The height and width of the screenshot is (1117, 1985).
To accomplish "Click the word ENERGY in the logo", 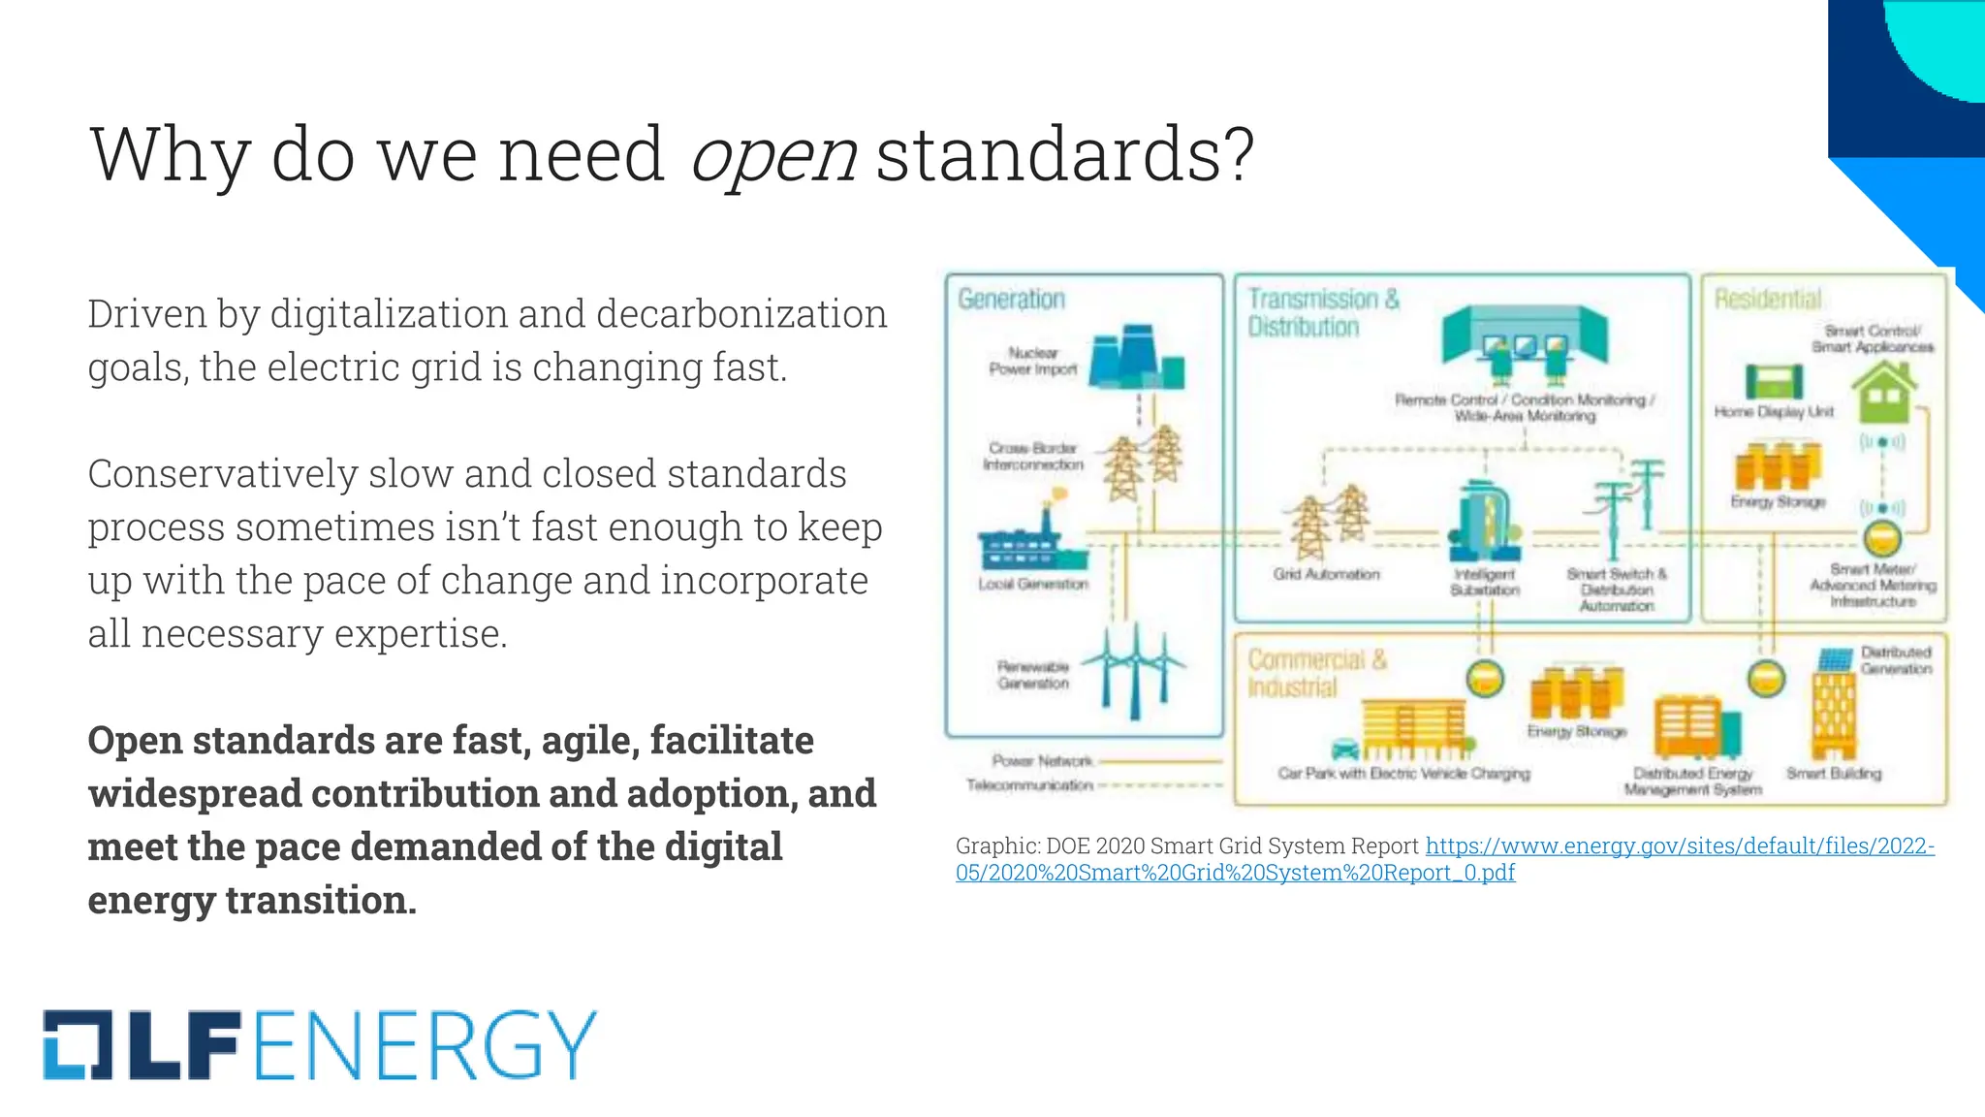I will tap(425, 1044).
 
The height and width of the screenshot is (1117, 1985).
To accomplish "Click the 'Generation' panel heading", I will tap(1011, 299).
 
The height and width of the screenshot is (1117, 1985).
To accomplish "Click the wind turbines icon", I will tap(1135, 670).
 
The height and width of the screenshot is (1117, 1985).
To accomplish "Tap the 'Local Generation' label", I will tap(1033, 584).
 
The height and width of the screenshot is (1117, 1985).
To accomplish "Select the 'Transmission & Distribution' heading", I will tap(1322, 312).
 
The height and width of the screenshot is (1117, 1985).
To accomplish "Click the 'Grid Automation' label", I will tap(1326, 574).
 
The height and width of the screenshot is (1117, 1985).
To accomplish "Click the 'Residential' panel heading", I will tap(1767, 299).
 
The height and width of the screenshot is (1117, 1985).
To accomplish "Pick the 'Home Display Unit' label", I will tap(1773, 412).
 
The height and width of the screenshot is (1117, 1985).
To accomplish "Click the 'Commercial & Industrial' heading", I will tap(1316, 673).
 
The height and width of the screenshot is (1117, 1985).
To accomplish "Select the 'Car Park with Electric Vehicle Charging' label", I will tap(1403, 774).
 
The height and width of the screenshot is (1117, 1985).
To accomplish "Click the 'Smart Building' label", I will tap(1833, 774).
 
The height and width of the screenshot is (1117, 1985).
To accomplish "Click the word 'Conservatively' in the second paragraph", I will tap(226, 474).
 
